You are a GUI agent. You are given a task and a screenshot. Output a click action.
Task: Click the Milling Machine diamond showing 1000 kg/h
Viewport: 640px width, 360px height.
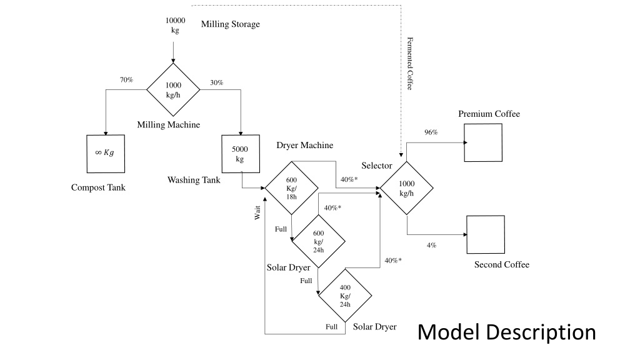(173, 90)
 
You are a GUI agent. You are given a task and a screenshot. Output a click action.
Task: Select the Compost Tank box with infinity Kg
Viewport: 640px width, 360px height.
(106, 154)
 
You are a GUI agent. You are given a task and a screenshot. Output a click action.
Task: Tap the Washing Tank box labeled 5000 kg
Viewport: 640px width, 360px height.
(241, 154)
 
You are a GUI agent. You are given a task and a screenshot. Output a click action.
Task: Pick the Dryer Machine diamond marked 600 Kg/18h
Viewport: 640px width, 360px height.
(291, 188)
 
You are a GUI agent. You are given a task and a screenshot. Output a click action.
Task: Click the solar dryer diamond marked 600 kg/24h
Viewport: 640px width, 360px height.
(318, 241)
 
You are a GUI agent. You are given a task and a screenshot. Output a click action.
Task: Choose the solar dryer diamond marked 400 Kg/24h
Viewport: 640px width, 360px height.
(345, 296)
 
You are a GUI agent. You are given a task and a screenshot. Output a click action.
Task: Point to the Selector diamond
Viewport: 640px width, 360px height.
(406, 188)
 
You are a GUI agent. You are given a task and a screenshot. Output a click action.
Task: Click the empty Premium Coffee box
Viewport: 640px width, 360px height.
(483, 143)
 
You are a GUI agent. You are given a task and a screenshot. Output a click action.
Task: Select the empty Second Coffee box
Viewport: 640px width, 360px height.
(486, 235)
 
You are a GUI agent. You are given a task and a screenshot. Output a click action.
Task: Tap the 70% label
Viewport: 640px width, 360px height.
(126, 80)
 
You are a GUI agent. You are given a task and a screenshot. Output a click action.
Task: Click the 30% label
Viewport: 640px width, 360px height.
(217, 82)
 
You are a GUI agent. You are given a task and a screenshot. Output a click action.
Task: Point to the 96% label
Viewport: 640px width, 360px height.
(431, 132)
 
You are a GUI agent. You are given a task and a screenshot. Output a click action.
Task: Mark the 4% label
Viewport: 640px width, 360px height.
(431, 245)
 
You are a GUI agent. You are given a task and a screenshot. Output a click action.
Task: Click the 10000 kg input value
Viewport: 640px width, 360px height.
(175, 25)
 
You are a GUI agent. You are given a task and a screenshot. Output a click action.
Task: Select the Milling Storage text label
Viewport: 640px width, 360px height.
(230, 24)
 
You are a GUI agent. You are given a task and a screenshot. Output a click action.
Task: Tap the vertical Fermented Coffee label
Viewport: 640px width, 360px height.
(410, 64)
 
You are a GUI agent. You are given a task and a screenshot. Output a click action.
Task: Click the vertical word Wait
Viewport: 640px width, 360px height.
(257, 212)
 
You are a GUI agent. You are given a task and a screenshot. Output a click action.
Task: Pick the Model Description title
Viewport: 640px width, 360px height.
(506, 332)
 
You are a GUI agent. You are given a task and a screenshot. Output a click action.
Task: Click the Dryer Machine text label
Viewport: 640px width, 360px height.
(305, 145)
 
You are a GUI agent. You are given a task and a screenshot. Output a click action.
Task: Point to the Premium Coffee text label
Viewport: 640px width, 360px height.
(489, 114)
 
